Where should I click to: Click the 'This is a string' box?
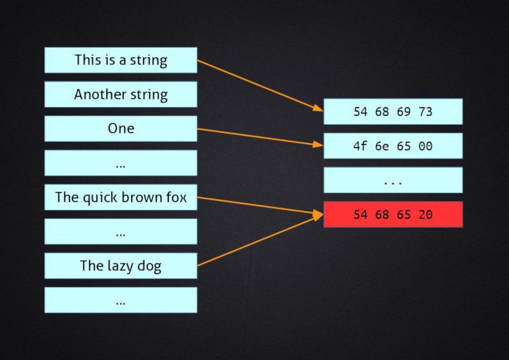tap(121, 60)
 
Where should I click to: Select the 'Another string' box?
tap(121, 95)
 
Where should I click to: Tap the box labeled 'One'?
tap(121, 128)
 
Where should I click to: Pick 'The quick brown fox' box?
tap(121, 197)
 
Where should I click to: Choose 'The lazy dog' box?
tap(121, 265)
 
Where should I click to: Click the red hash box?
tap(393, 214)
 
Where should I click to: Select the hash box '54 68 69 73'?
tap(393, 111)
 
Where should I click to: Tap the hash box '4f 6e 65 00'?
tap(393, 146)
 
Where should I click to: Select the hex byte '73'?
tap(426, 112)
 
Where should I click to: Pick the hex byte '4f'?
tap(360, 146)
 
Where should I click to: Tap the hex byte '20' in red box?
tap(426, 214)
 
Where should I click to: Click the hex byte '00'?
tap(426, 146)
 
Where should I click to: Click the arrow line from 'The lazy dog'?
tap(260, 240)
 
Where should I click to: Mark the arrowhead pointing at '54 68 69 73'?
tap(317, 107)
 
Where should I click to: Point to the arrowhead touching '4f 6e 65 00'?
tap(318, 144)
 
